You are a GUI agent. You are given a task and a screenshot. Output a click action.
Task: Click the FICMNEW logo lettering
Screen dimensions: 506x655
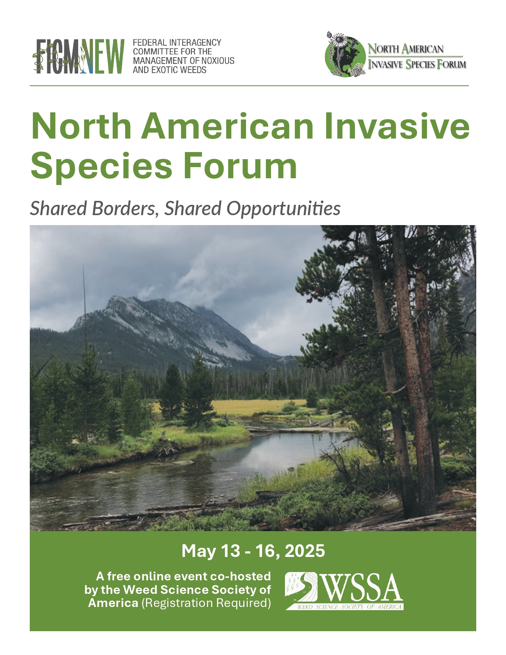(x=78, y=56)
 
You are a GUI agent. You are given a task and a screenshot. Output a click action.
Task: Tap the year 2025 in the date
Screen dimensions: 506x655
(x=305, y=551)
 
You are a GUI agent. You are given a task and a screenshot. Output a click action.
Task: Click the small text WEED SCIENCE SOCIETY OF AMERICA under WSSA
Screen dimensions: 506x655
(x=349, y=607)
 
